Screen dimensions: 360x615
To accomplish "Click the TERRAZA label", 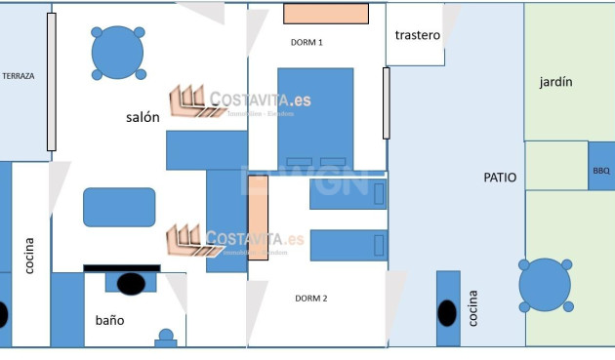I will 19,75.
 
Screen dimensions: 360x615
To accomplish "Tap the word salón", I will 143,117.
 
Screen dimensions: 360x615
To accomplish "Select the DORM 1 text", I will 307,42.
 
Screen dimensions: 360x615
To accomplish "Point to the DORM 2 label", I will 310,298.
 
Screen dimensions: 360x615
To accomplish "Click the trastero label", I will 417,35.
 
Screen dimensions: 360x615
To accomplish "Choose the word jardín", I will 555,82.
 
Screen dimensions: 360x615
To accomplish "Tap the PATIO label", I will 500,178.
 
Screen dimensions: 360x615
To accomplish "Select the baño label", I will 109,320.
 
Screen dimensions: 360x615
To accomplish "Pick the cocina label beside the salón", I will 29,254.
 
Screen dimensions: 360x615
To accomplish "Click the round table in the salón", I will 118,53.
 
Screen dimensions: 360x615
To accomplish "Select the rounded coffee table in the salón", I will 119,207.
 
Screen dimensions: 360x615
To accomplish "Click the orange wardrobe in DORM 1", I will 326,14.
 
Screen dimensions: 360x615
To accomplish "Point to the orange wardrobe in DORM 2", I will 258,217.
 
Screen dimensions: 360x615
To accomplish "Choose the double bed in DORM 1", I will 315,117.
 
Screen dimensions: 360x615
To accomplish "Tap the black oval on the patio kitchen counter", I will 447,313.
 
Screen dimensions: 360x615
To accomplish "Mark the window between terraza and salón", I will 52,82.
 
